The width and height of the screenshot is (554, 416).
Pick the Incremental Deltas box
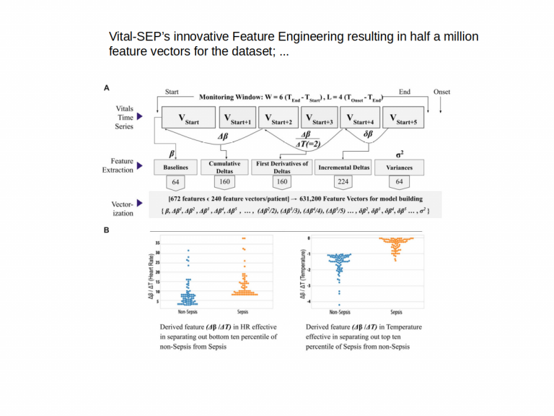tap(343, 168)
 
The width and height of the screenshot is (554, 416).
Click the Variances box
tap(399, 168)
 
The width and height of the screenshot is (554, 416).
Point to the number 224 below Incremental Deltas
tap(343, 182)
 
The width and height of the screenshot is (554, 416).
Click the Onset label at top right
tap(441, 92)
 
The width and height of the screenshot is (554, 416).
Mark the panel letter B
tap(107, 230)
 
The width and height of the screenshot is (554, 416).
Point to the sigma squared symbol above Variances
tap(400, 154)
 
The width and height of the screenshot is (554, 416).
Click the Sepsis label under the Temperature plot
tap(396, 312)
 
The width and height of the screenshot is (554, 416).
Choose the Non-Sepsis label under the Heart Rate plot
tap(188, 312)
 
